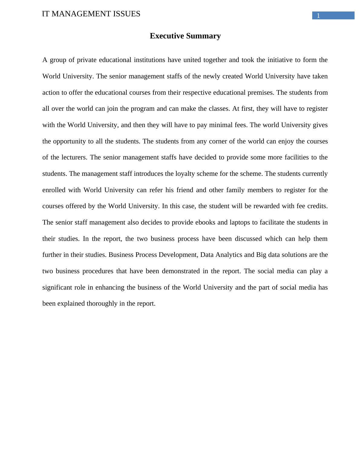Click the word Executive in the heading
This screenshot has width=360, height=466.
(x=167, y=36)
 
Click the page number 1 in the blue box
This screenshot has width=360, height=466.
(x=318, y=16)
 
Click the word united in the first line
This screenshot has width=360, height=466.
(x=192, y=60)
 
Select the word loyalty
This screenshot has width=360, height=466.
(x=186, y=174)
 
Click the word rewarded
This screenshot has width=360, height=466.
(x=266, y=206)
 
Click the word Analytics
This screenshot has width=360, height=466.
(x=228, y=255)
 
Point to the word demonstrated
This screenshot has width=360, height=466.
(x=181, y=271)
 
